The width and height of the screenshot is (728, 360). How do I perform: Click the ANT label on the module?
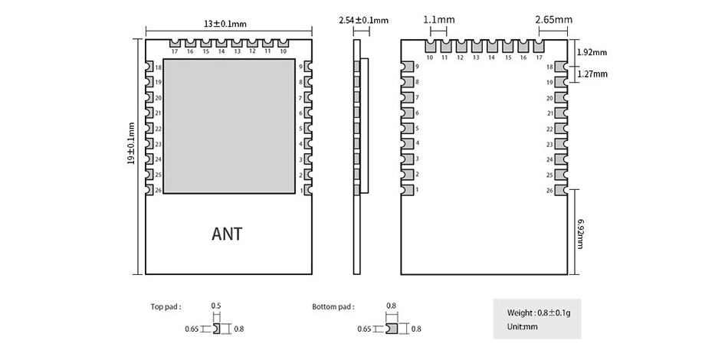coord(227,234)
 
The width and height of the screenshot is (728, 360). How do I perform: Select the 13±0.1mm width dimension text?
coord(225,24)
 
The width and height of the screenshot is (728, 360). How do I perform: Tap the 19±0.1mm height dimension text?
coord(131,143)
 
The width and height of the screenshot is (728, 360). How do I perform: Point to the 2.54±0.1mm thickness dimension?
coord(363,21)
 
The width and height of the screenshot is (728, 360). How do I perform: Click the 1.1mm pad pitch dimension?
coord(439,20)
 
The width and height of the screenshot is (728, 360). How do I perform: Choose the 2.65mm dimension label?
coord(553,20)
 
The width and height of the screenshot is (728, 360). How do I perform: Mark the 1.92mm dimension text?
coord(592,52)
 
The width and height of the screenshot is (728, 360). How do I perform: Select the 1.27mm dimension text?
coord(592,74)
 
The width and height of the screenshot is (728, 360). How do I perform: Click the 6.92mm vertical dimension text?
coord(580,234)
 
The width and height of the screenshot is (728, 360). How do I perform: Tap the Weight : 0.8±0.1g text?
coord(539,313)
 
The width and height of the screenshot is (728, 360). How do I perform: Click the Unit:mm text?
coord(523,326)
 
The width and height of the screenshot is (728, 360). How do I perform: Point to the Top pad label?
coord(166,306)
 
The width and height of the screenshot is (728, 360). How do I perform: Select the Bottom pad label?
coord(333,306)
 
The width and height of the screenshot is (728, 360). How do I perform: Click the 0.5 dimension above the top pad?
coord(216,306)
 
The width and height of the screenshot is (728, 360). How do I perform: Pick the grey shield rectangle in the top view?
coord(229,126)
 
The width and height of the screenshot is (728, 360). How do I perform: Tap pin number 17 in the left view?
coord(175,51)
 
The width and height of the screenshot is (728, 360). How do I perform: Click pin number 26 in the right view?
coord(549,190)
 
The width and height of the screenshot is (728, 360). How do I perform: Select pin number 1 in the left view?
coord(301,190)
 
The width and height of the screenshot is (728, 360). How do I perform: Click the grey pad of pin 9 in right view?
coord(408,67)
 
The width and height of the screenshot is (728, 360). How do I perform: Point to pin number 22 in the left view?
coord(159,129)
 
